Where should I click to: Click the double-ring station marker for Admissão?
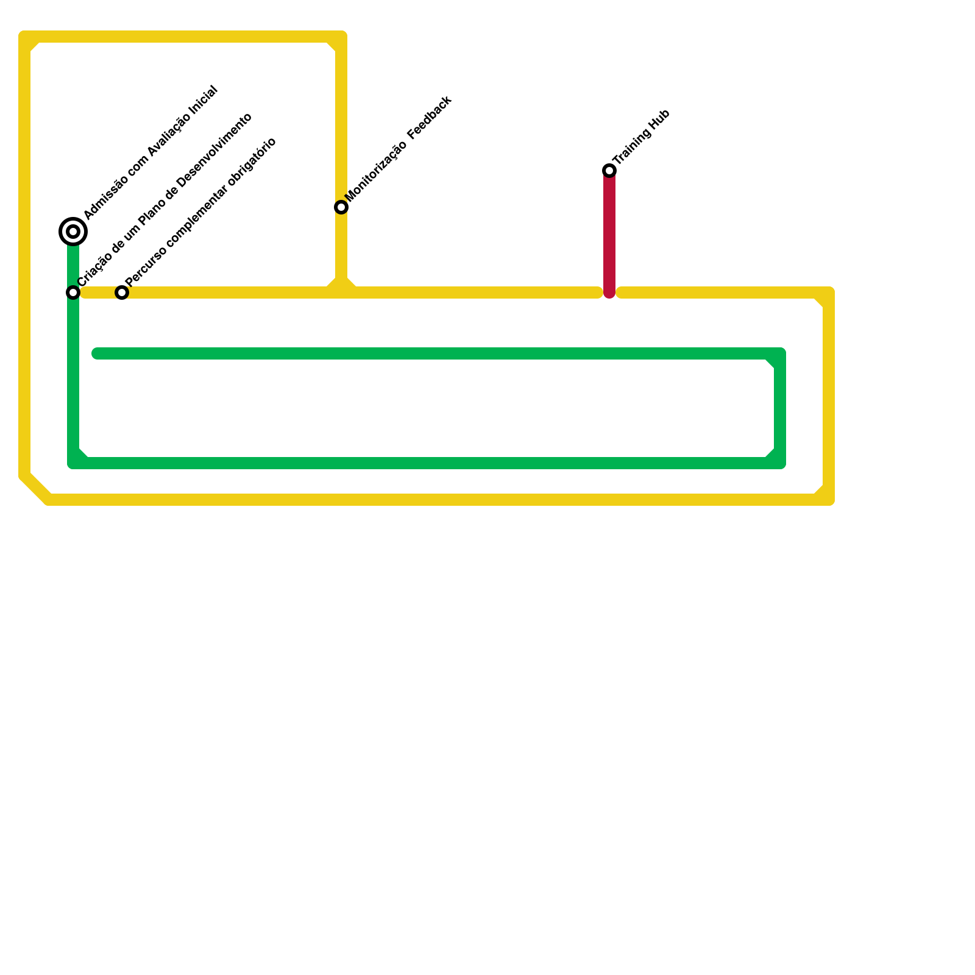[73, 232]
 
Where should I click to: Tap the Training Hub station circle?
[609, 171]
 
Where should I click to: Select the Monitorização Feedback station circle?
[341, 207]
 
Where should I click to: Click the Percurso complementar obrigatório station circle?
[122, 292]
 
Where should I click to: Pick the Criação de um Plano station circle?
[73, 292]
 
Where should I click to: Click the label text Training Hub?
[642, 137]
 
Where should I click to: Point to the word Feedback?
[430, 116]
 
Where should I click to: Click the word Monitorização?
[376, 172]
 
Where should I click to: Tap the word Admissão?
[105, 197]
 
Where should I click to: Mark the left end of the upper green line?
[96, 353]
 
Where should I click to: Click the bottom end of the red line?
[609, 294]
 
